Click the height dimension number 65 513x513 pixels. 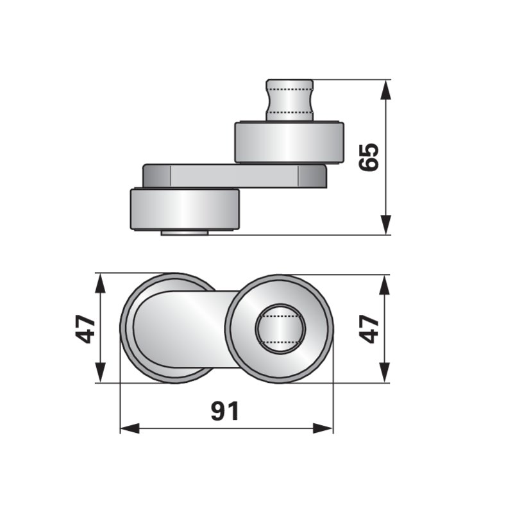pyautogui.click(x=370, y=157)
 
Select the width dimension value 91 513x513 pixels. pyautogui.click(x=225, y=411)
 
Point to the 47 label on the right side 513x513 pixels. pyautogui.click(x=367, y=328)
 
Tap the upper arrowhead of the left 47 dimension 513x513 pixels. pyautogui.click(x=101, y=283)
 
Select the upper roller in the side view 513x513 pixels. pyautogui.click(x=289, y=142)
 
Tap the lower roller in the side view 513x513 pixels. pyautogui.click(x=185, y=208)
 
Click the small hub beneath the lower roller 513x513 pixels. pyautogui.click(x=184, y=232)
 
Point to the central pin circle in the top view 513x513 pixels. pyautogui.click(x=280, y=329)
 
